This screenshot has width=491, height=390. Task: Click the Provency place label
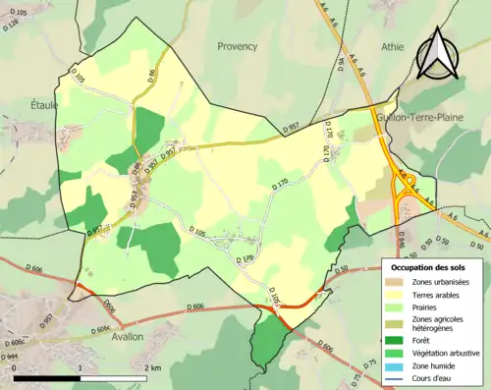pos(238,46)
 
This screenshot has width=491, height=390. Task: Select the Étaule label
pos(44,104)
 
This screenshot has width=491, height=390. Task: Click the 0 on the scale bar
pos(16,368)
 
